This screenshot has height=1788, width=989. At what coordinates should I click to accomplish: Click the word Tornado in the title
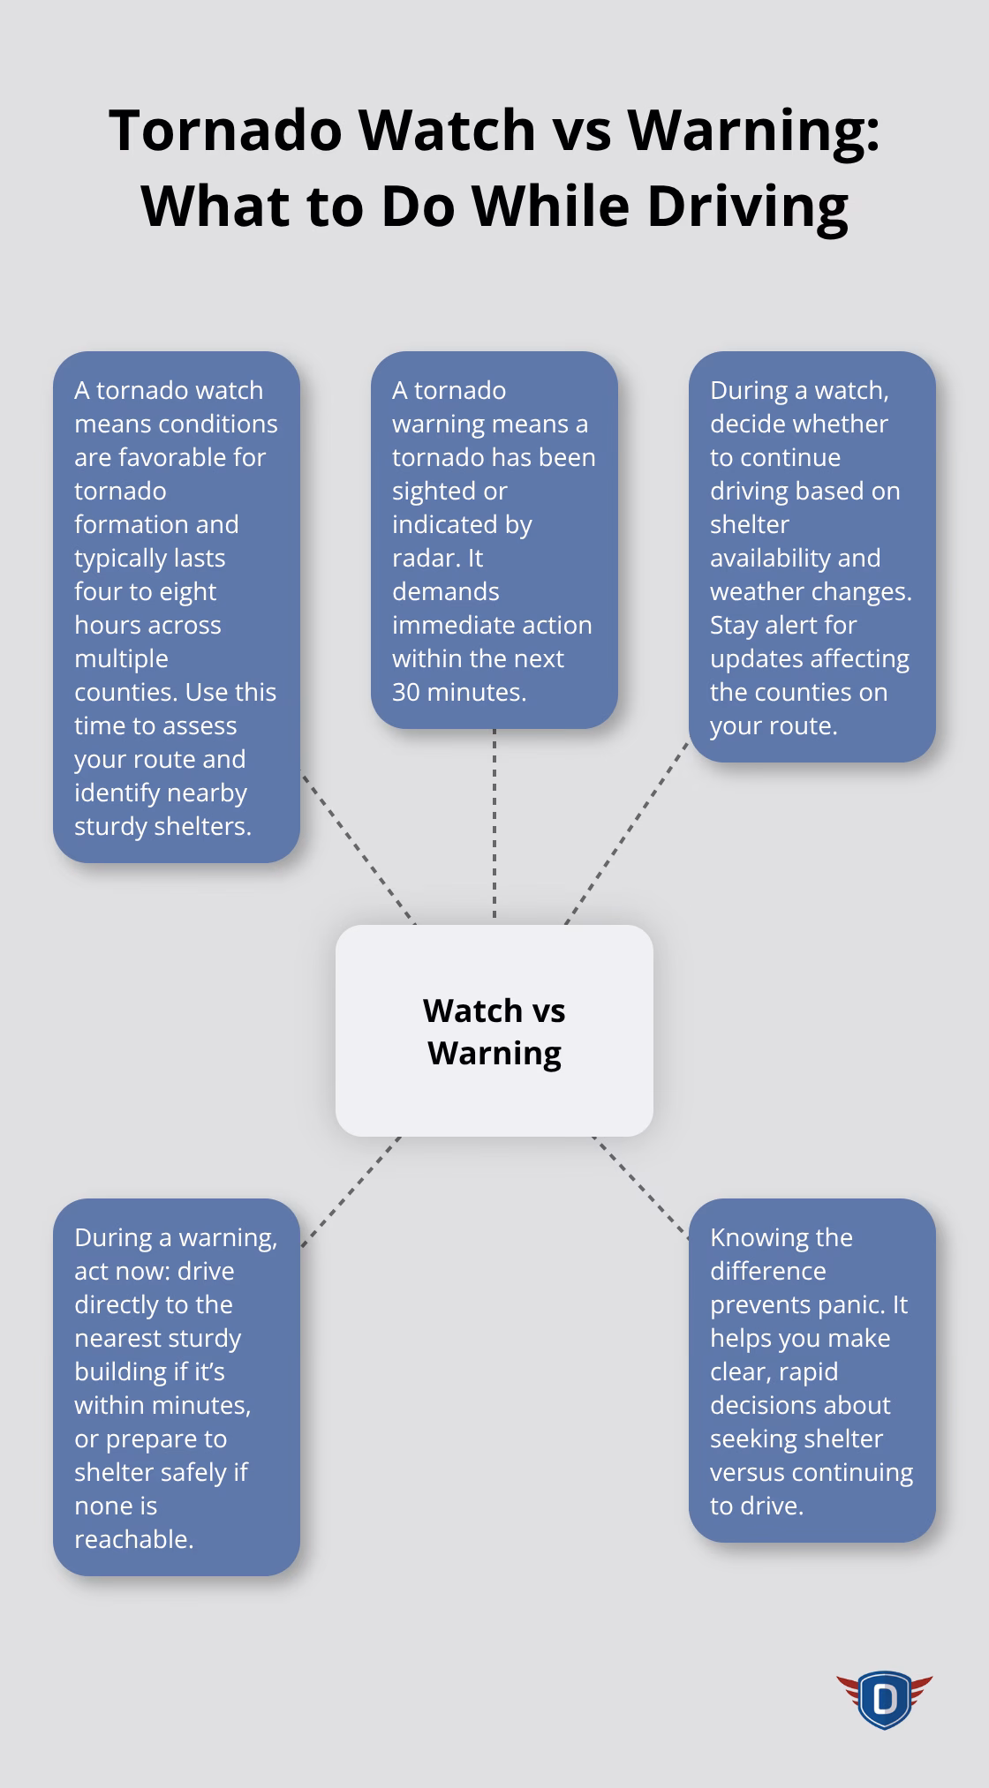tap(225, 130)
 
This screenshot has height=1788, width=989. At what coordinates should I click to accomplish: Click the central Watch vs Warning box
tap(494, 1031)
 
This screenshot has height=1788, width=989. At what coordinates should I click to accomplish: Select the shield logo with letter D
tap(884, 1698)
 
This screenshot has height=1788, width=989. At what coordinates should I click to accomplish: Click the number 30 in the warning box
tap(406, 692)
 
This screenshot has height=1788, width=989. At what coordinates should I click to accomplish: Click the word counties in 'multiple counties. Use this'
tap(125, 692)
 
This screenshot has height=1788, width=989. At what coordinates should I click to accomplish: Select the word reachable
tap(133, 1539)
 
